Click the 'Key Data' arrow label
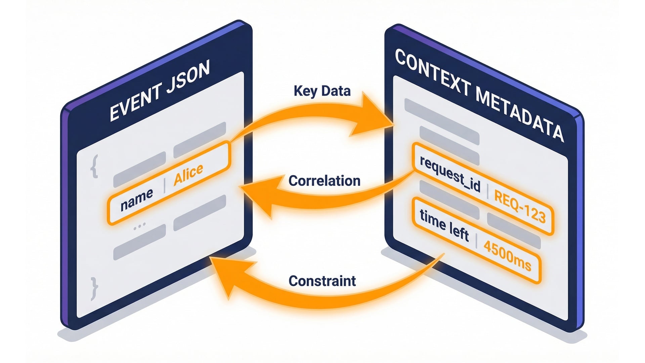click(322, 91)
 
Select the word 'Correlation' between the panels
click(324, 181)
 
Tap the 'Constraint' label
click(322, 281)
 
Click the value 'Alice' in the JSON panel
click(188, 174)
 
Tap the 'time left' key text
click(444, 225)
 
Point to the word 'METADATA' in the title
click(519, 114)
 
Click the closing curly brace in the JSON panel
click(94, 288)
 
